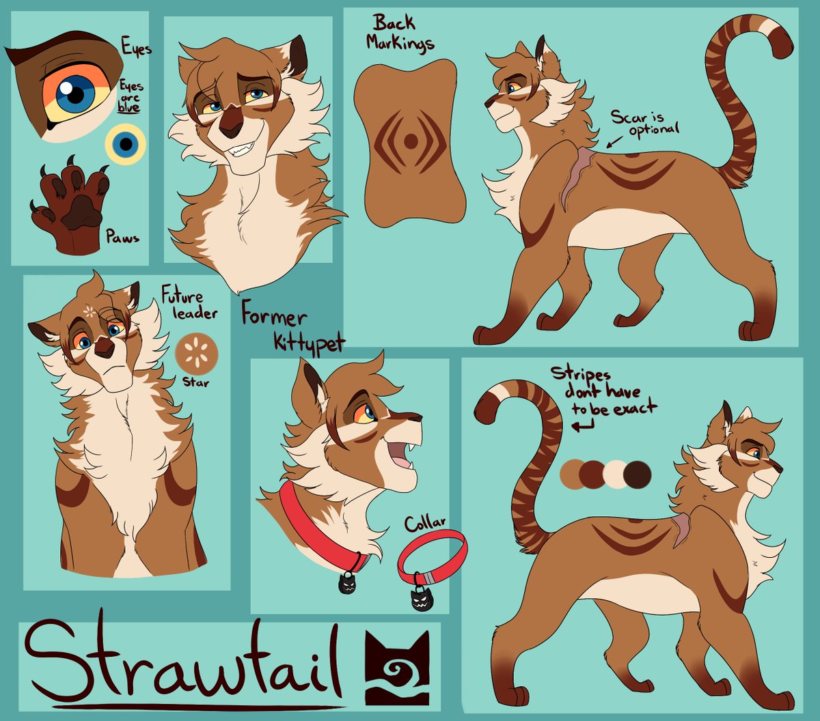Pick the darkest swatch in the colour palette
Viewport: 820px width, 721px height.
click(638, 475)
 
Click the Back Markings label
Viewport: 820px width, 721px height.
click(400, 33)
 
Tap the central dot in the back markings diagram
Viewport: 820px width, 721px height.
click(411, 141)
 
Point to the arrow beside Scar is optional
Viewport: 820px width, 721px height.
click(616, 141)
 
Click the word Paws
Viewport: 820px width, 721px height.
click(122, 238)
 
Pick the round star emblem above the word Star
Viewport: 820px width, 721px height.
click(192, 350)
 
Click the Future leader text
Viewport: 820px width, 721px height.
click(189, 305)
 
